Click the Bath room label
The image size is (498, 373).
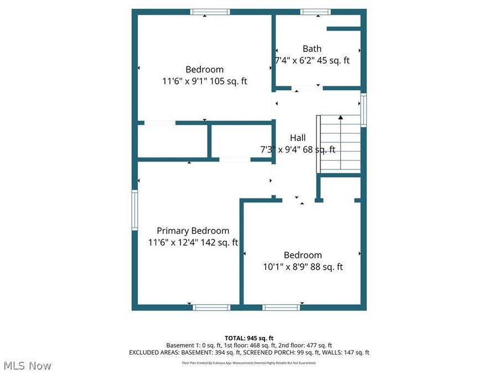tap(312, 49)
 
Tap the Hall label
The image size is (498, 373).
tap(298, 138)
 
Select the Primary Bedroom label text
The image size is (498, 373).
tap(193, 230)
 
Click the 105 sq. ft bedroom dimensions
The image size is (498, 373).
tap(204, 81)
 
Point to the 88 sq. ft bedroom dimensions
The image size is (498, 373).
tap(303, 267)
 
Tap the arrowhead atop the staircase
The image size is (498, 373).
tap(341, 117)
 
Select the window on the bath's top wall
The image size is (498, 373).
tap(315, 12)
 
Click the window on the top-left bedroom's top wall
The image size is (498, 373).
tap(210, 12)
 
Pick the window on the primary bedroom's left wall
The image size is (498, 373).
tap(134, 210)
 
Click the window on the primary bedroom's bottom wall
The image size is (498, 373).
tap(211, 307)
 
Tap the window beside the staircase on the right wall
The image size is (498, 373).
tap(364, 110)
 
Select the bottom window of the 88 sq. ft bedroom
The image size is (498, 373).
tap(281, 307)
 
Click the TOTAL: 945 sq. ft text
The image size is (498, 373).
tap(249, 338)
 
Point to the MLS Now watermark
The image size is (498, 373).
tap(28, 366)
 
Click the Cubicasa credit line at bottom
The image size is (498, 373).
tap(249, 363)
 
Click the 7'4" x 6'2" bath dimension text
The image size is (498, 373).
tap(312, 61)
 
